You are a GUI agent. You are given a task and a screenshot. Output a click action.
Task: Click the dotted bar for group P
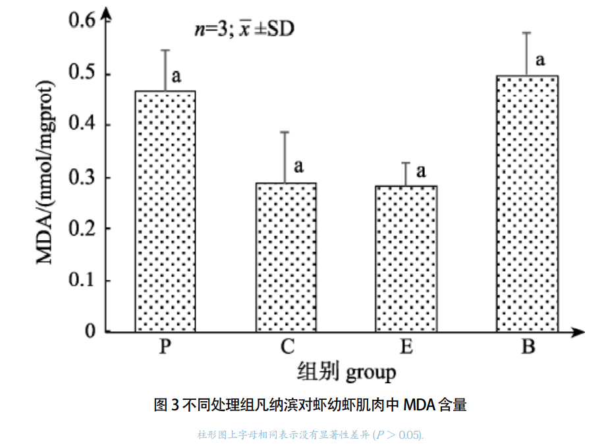pos(165,211)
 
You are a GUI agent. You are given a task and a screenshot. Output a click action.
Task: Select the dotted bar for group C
pos(286,257)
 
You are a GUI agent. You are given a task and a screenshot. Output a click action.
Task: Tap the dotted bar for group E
pos(406,259)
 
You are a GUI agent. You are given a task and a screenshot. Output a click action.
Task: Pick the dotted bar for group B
pos(527,203)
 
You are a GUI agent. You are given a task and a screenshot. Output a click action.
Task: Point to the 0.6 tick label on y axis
pos(83,20)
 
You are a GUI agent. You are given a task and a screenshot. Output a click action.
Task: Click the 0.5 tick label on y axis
pos(83,74)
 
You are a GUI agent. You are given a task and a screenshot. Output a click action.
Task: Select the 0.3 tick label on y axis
pos(83,177)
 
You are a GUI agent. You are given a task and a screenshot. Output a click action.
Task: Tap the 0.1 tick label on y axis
pos(83,280)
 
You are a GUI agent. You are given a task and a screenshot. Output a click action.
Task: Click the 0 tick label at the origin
pos(91,331)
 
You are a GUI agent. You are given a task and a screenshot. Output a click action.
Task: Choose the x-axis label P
pos(165,347)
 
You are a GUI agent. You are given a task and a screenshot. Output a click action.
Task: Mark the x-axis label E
pos(406,347)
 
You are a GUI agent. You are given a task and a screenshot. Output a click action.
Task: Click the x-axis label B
pos(528,347)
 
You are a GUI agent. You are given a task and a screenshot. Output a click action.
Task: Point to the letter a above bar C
pos(298,165)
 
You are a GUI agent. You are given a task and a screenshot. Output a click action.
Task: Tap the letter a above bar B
pos(540,61)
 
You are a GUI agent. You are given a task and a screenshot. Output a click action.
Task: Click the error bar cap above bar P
pos(165,50)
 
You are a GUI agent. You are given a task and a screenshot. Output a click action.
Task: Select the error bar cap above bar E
pos(406,162)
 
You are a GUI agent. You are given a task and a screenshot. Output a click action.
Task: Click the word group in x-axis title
pos(370,373)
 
